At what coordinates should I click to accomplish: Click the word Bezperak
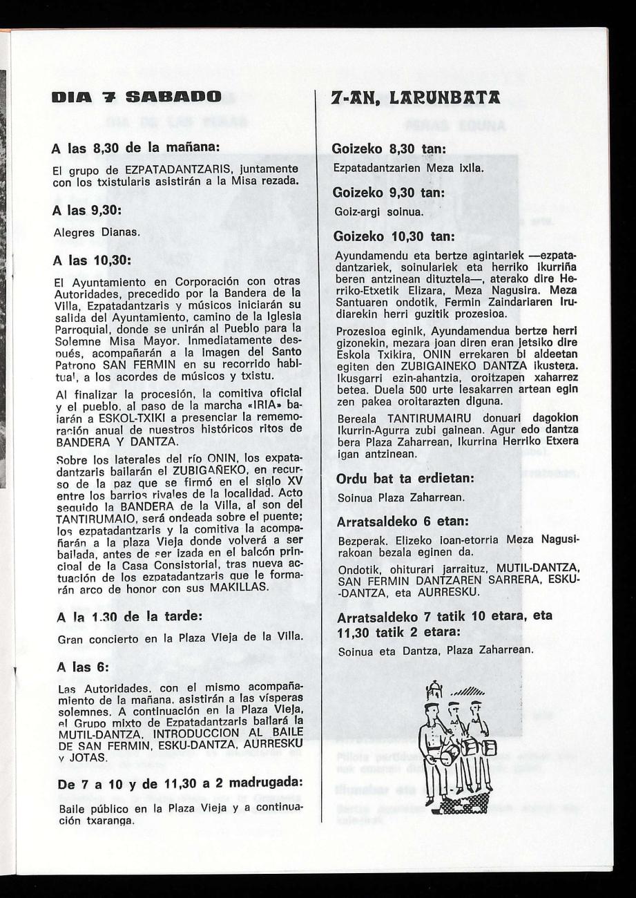tap(359, 542)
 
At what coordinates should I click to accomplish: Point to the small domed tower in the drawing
tap(433, 692)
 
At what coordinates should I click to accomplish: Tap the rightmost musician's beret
tap(475, 704)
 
